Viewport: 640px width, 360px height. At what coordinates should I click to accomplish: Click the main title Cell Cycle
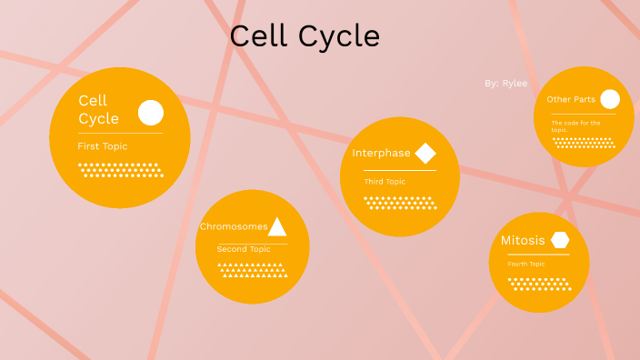[x=305, y=37]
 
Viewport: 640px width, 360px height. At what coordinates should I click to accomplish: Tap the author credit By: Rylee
[x=505, y=83]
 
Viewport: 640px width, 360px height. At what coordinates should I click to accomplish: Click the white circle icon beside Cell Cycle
[x=151, y=113]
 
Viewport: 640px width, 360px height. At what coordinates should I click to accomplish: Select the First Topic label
[x=103, y=146]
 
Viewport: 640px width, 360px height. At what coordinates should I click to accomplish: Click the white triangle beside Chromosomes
[x=277, y=226]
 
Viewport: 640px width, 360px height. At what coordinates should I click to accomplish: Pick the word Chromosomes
[x=234, y=226]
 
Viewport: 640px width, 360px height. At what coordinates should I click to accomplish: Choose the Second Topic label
[x=244, y=249]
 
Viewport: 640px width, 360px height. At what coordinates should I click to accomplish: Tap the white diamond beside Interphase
[x=425, y=153]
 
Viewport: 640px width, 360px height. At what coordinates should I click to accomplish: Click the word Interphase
[x=382, y=153]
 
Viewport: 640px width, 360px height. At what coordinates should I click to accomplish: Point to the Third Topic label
[x=385, y=182]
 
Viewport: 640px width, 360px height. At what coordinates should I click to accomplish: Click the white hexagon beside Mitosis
[x=560, y=240]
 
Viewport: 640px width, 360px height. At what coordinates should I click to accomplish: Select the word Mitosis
[x=523, y=241]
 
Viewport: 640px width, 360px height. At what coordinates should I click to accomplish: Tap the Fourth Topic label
[x=526, y=265]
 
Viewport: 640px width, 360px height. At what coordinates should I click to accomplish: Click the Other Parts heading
[x=571, y=100]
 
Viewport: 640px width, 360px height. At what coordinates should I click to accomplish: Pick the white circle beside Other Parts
[x=610, y=99]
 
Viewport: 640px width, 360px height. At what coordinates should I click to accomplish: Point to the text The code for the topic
[x=575, y=125]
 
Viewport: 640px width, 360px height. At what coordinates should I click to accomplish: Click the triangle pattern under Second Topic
[x=252, y=270]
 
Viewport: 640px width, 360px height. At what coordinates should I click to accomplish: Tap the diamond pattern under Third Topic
[x=400, y=202]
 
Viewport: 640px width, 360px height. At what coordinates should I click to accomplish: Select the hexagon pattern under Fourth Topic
[x=539, y=284]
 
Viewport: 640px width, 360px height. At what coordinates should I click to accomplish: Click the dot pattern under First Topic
[x=121, y=170]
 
